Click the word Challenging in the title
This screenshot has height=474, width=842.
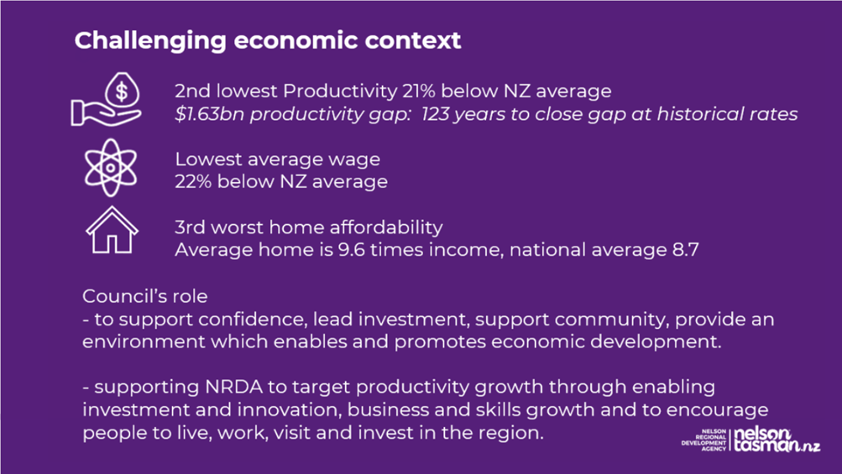[150, 41]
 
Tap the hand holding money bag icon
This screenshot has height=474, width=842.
[107, 100]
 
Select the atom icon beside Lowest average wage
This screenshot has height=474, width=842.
[111, 168]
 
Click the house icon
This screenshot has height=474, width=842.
[112, 230]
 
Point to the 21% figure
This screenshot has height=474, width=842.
[418, 91]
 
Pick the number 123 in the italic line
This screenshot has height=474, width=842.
[435, 114]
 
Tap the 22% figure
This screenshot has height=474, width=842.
[193, 181]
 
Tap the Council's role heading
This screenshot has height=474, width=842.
[145, 296]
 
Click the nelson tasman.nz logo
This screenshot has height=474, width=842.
[777, 440]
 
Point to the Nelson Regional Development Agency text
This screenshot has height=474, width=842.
[703, 440]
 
